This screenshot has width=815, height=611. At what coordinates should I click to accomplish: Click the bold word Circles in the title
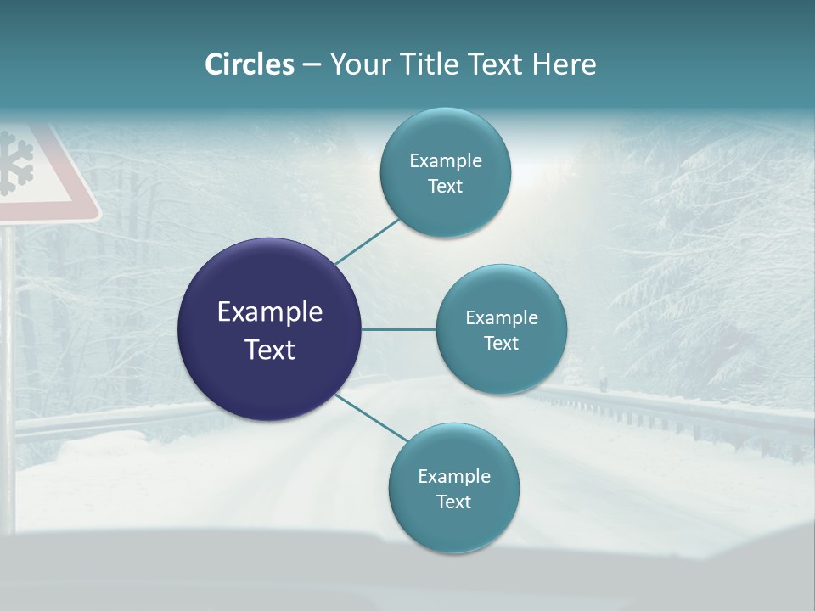(249, 64)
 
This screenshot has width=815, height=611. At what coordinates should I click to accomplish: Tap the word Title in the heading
(423, 64)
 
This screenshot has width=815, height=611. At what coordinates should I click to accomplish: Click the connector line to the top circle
(367, 241)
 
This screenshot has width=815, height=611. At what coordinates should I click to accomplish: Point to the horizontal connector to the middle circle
(398, 329)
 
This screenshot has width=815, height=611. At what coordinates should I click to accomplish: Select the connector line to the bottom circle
(372, 418)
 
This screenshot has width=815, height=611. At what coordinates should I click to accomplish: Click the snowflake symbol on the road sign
(15, 163)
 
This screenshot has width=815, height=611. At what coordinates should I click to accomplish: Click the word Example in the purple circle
(269, 311)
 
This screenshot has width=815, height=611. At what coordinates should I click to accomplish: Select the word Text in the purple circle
(269, 350)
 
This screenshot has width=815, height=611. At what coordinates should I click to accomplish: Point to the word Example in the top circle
(445, 160)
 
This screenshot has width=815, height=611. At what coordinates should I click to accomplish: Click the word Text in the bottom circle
(453, 502)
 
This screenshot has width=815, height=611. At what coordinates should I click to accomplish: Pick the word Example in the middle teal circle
(501, 317)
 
